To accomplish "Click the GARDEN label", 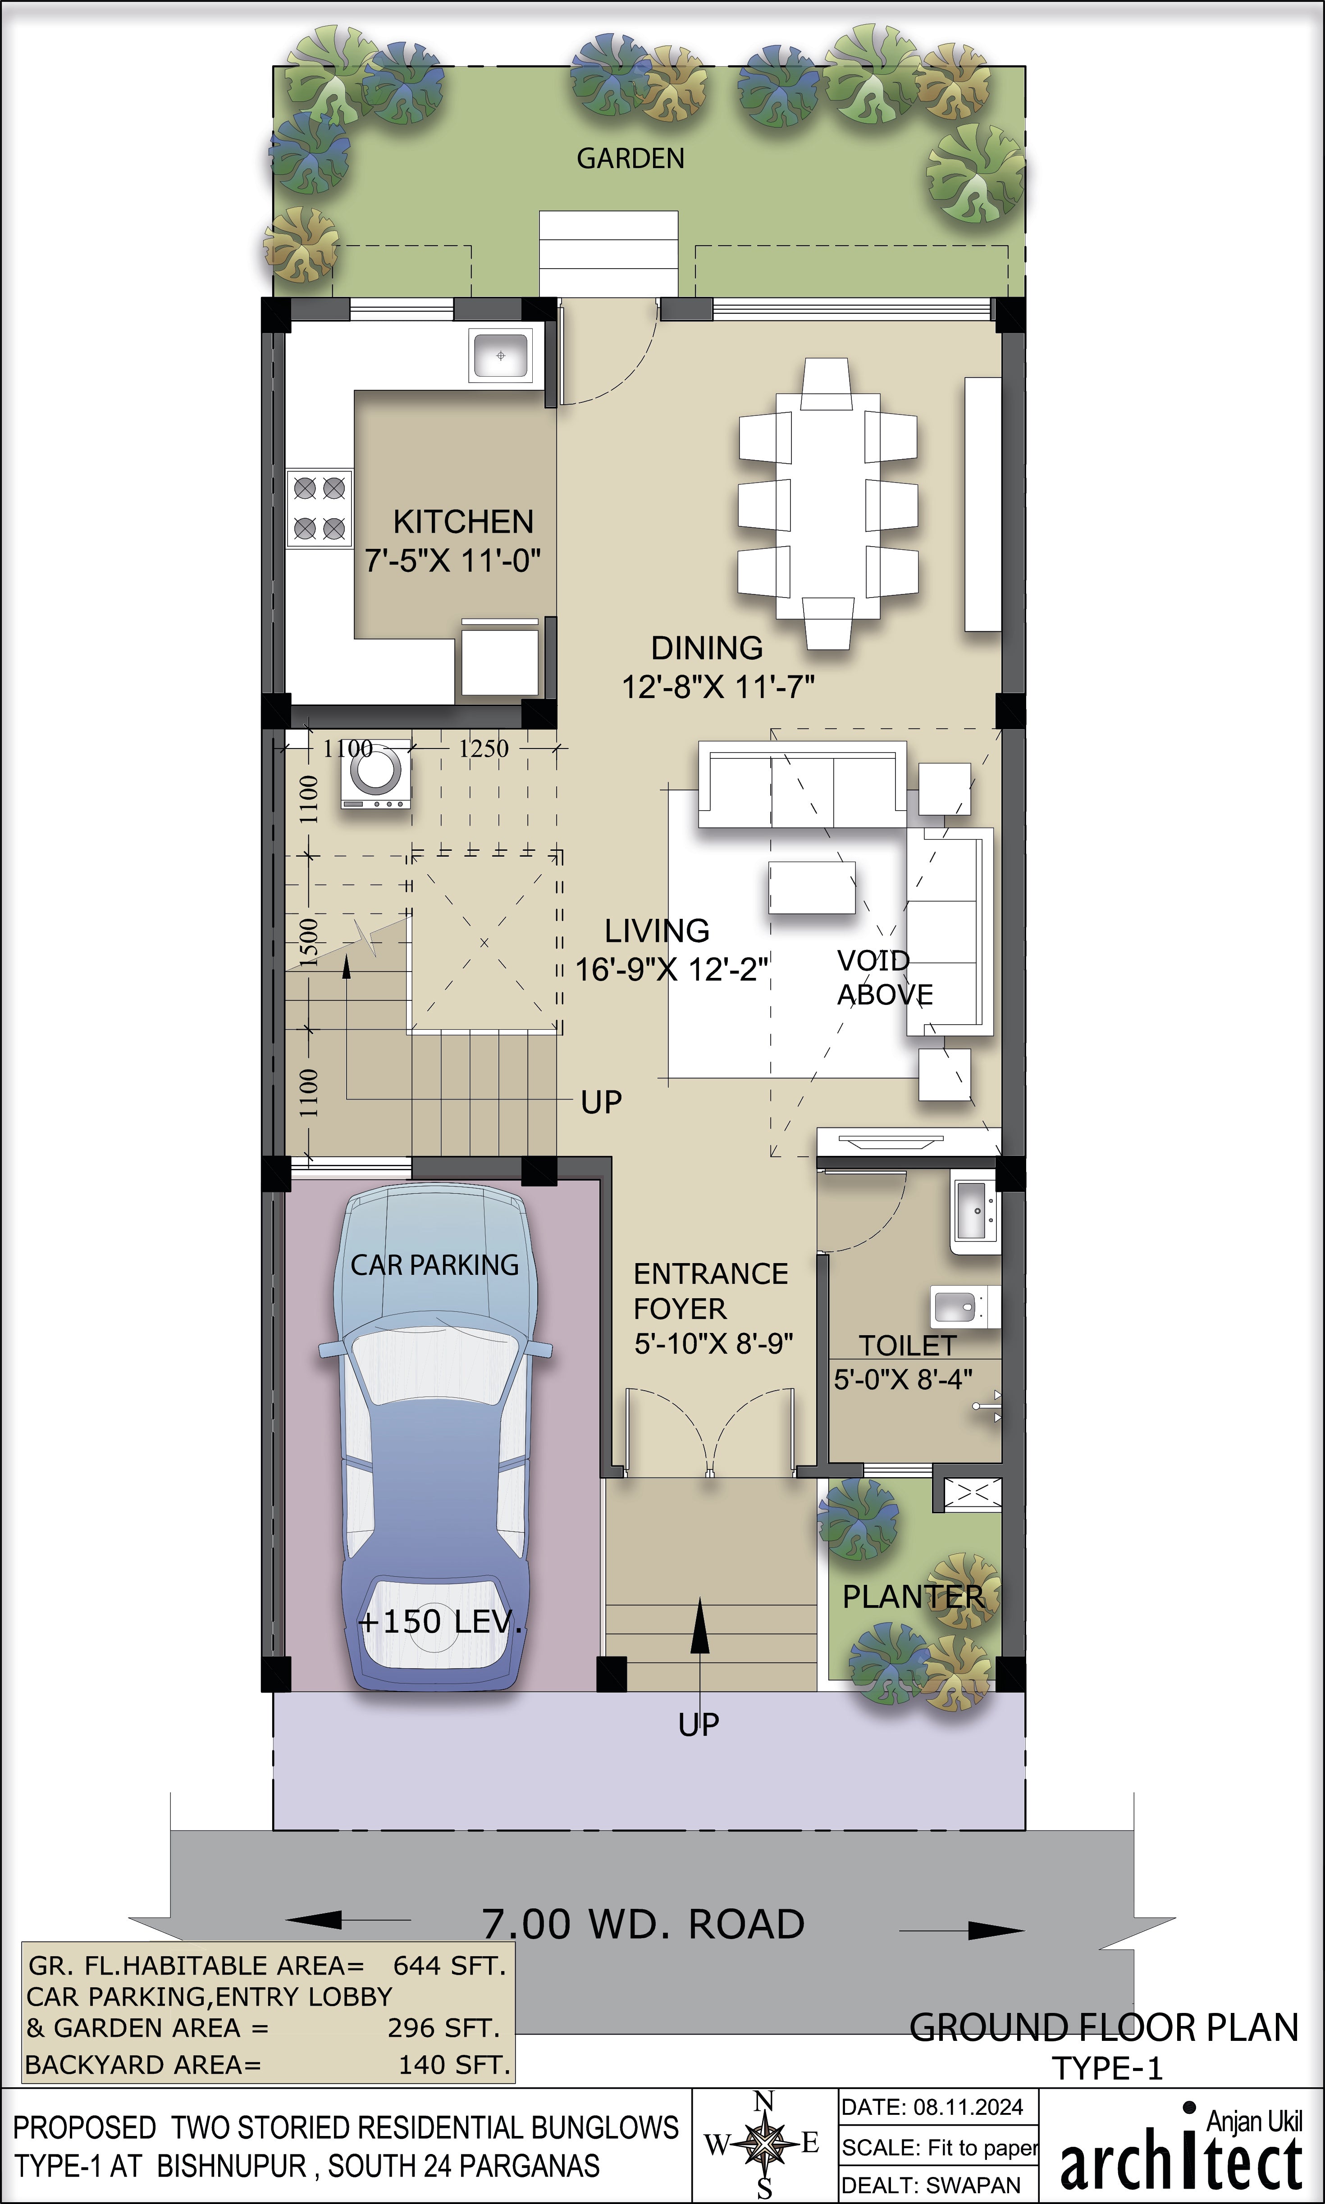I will pyautogui.click(x=631, y=159).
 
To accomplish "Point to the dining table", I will pyautogui.click(x=828, y=504).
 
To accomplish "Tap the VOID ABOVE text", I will pyautogui.click(x=884, y=977).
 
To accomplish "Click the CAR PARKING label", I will pyautogui.click(x=435, y=1265).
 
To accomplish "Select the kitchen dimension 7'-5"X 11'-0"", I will pyautogui.click(x=452, y=561).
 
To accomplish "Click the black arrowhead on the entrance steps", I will pyautogui.click(x=700, y=1626).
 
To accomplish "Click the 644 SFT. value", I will pyautogui.click(x=449, y=1965).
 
